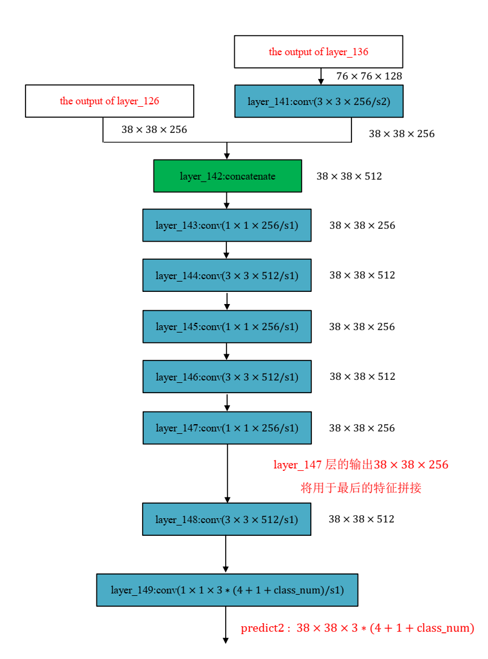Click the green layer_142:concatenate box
227,176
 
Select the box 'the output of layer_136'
318,52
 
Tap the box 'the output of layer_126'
109,101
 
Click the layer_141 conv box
318,101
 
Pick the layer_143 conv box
226,225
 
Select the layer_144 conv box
226,275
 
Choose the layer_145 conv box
226,326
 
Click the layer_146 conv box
226,377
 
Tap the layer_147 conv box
226,428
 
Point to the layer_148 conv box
226,519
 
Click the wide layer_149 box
226,590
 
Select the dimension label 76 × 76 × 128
369,76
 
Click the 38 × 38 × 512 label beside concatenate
349,177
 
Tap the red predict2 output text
357,628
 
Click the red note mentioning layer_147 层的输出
361,465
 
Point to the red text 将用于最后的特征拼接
361,488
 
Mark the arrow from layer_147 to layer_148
228,473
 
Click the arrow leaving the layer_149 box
226,625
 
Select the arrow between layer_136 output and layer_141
321,76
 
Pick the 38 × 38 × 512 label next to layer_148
361,519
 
